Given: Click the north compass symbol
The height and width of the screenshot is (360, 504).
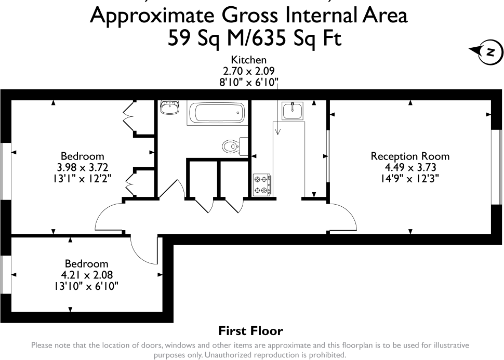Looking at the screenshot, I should [488, 51].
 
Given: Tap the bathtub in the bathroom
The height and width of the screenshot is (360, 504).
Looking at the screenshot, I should [216, 112].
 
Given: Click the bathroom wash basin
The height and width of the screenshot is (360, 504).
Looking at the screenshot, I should [170, 108].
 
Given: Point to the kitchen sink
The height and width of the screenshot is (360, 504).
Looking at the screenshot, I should [294, 111].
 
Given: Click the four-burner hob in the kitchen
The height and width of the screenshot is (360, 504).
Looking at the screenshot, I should [262, 185].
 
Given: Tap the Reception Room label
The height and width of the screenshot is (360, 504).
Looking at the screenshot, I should [409, 156].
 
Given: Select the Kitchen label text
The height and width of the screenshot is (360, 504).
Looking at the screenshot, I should [248, 61].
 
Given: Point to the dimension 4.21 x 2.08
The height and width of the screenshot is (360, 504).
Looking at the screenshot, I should [86, 275].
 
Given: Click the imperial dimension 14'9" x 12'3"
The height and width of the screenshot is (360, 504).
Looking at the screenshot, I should [409, 179].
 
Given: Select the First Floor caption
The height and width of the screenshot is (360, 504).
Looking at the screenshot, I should [250, 330].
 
